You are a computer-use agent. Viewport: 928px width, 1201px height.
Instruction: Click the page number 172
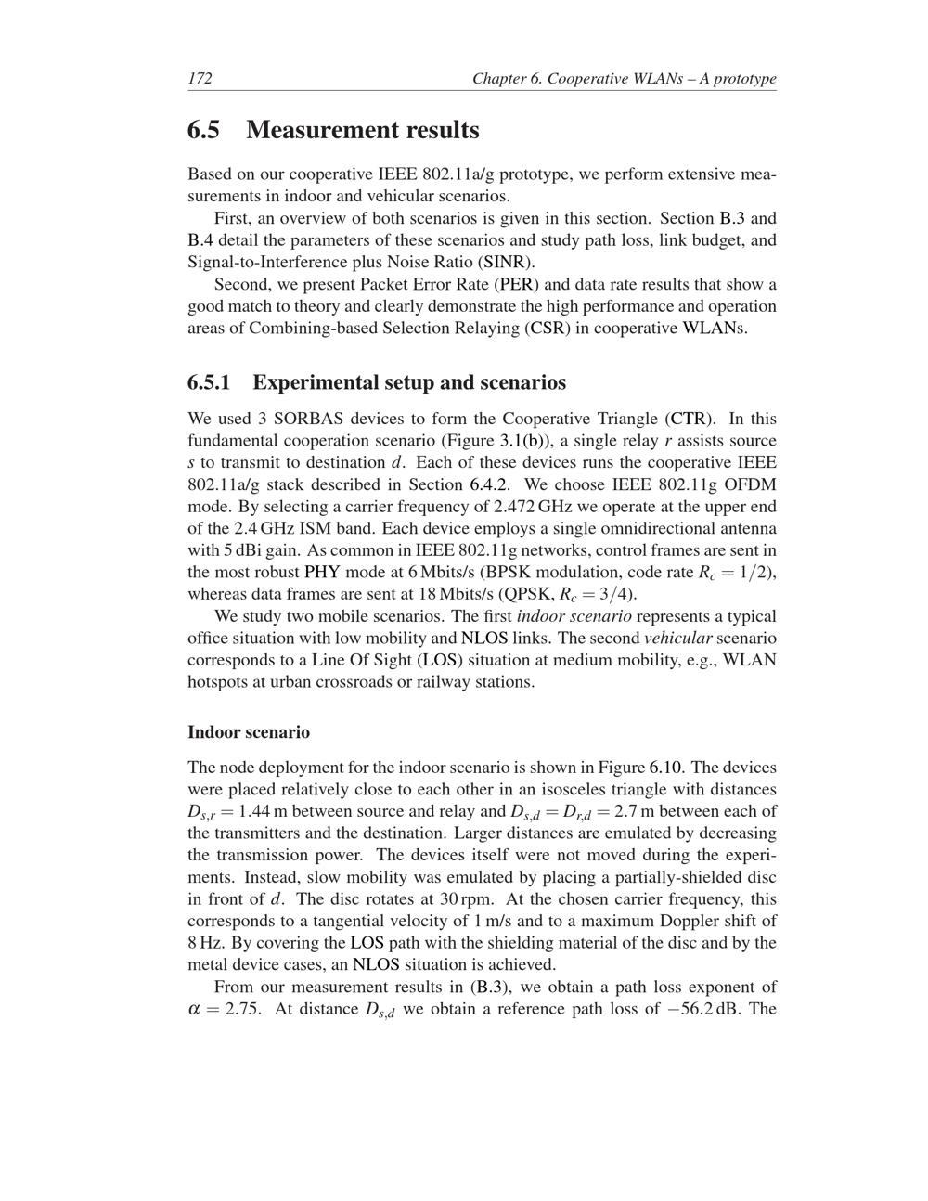(200, 78)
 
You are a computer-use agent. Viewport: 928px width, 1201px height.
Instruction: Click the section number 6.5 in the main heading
(204, 130)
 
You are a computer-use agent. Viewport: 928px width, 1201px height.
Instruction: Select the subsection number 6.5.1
(209, 382)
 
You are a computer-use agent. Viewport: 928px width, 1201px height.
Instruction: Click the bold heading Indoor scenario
(249, 731)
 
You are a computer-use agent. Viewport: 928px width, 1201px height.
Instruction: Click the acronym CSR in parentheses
(548, 328)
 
